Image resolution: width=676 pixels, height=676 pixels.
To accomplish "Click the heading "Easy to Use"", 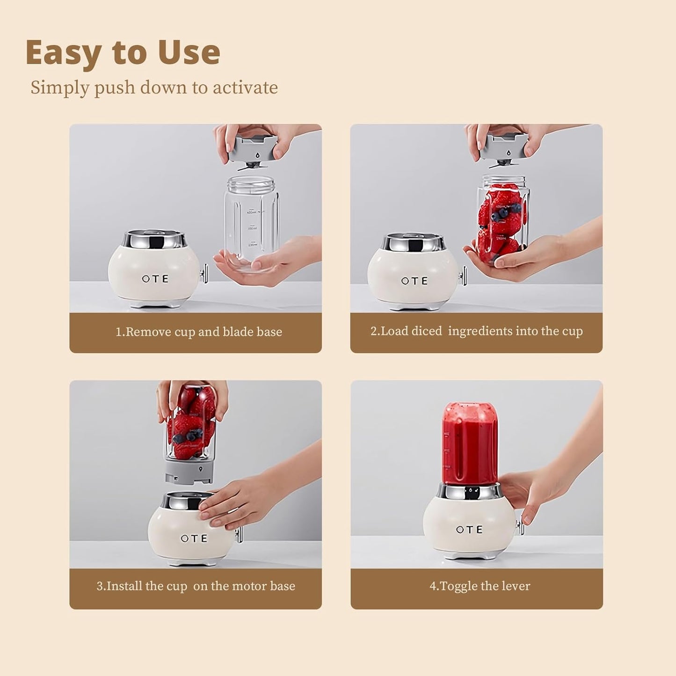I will pos(123,52).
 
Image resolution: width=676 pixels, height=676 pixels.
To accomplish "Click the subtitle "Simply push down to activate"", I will pos(154,88).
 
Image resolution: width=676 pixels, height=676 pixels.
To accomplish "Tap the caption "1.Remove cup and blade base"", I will pos(199,332).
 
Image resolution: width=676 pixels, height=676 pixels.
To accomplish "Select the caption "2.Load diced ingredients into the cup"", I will pos(476,331).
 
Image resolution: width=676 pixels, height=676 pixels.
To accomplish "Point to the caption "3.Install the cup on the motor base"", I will pos(196,586).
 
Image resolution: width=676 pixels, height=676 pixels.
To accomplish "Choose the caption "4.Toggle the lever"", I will pos(480,586).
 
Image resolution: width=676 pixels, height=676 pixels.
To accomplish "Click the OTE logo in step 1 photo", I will pos(155,279).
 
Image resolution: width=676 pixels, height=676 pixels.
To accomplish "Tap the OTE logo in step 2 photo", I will pos(414,281).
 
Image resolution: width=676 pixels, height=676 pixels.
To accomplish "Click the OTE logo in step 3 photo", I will pos(194,538).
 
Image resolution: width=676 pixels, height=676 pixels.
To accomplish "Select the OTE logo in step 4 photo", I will pos(469,530).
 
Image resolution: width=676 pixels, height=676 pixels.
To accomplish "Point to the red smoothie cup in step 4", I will pos(470,444).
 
